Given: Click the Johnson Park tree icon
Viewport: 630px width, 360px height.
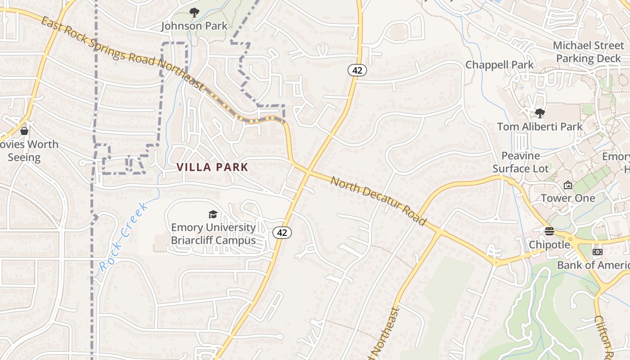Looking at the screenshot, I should (x=194, y=13).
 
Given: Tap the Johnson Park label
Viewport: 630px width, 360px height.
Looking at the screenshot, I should (x=194, y=26).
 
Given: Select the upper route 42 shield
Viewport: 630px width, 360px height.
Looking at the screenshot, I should (x=357, y=70).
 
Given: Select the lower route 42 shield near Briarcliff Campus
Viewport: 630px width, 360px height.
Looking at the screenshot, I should (x=282, y=233).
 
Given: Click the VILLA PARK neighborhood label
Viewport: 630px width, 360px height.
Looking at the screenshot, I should (x=212, y=167).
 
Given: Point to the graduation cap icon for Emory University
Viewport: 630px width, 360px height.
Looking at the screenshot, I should (x=213, y=215).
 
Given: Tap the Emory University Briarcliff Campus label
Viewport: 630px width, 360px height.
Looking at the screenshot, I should (x=213, y=234).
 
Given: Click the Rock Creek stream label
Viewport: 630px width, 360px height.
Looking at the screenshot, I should (x=123, y=237).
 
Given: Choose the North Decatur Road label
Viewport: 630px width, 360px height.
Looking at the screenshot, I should (x=378, y=201).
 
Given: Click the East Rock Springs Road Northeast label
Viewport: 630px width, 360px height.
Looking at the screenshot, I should (x=122, y=53).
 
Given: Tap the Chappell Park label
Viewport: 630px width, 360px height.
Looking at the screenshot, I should (x=499, y=65).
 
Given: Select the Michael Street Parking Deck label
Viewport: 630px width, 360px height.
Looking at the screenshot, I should (x=588, y=52).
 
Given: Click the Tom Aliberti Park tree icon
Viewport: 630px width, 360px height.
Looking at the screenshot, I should (x=540, y=113).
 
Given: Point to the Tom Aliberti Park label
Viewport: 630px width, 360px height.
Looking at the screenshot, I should (x=540, y=127).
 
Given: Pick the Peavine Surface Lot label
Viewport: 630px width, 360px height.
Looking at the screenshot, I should (x=521, y=162).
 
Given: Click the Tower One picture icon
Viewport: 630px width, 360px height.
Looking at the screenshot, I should (x=568, y=185).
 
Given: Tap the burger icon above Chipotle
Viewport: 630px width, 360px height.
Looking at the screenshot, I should (x=549, y=231).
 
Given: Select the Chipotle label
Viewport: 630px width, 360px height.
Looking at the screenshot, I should (x=549, y=245).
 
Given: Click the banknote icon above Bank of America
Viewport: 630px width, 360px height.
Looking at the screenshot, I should (x=597, y=252).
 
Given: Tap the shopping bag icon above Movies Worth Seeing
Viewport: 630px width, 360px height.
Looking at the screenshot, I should (x=24, y=131).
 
